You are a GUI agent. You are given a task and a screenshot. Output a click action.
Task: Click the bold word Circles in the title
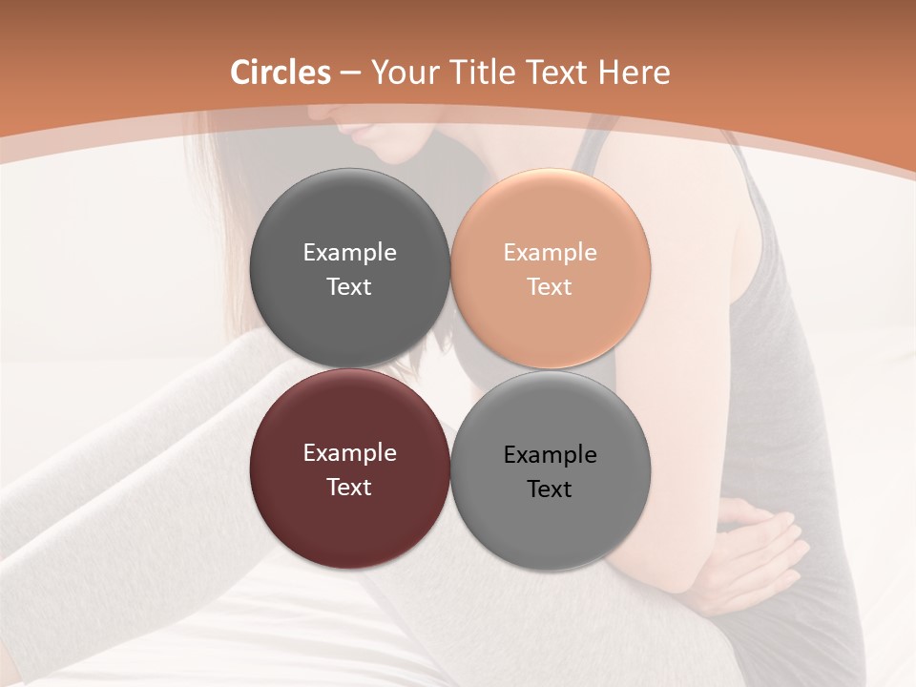point(280,72)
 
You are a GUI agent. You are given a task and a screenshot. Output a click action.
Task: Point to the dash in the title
point(350,73)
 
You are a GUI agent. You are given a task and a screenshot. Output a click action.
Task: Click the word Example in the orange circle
point(551,252)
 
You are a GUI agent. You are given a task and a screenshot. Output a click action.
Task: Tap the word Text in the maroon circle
point(349,487)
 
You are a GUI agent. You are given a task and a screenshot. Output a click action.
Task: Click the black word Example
point(551,454)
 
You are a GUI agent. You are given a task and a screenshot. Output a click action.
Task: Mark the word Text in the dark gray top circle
point(349,286)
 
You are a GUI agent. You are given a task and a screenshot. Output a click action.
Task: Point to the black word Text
point(551,489)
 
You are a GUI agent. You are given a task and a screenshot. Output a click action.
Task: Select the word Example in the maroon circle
point(349,452)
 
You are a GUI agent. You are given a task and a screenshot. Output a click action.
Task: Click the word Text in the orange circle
point(551,286)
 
